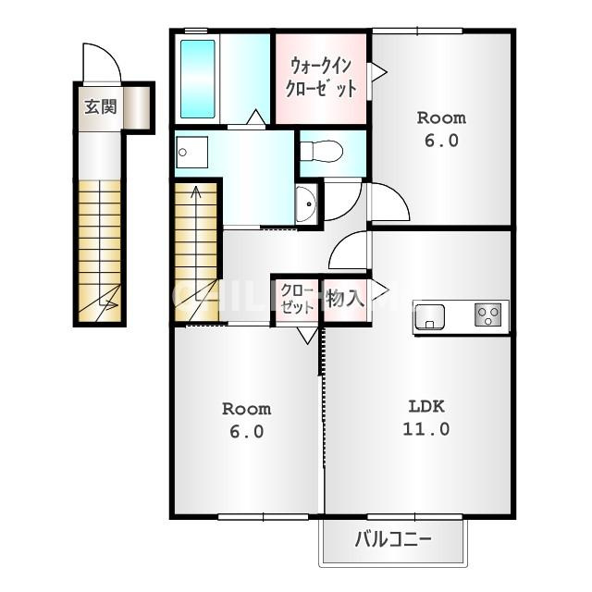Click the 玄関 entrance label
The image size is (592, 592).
click(x=101, y=107)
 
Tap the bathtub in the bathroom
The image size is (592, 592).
click(x=197, y=79)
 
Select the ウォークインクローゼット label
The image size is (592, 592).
click(x=321, y=78)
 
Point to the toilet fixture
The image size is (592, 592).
click(x=322, y=152)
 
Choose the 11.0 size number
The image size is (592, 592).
click(x=426, y=429)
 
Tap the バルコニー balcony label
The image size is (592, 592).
click(x=392, y=539)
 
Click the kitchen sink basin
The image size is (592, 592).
click(x=429, y=316)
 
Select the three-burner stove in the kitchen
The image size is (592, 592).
click(x=487, y=314)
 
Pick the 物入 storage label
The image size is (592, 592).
click(x=345, y=299)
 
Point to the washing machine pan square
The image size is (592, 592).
click(x=191, y=152)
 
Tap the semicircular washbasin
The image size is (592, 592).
click(x=306, y=203)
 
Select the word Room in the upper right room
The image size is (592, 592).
click(x=441, y=118)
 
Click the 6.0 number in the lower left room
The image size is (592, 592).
click(x=247, y=432)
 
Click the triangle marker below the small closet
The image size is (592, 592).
click(x=307, y=335)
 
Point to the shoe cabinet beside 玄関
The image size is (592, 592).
click(x=137, y=107)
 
